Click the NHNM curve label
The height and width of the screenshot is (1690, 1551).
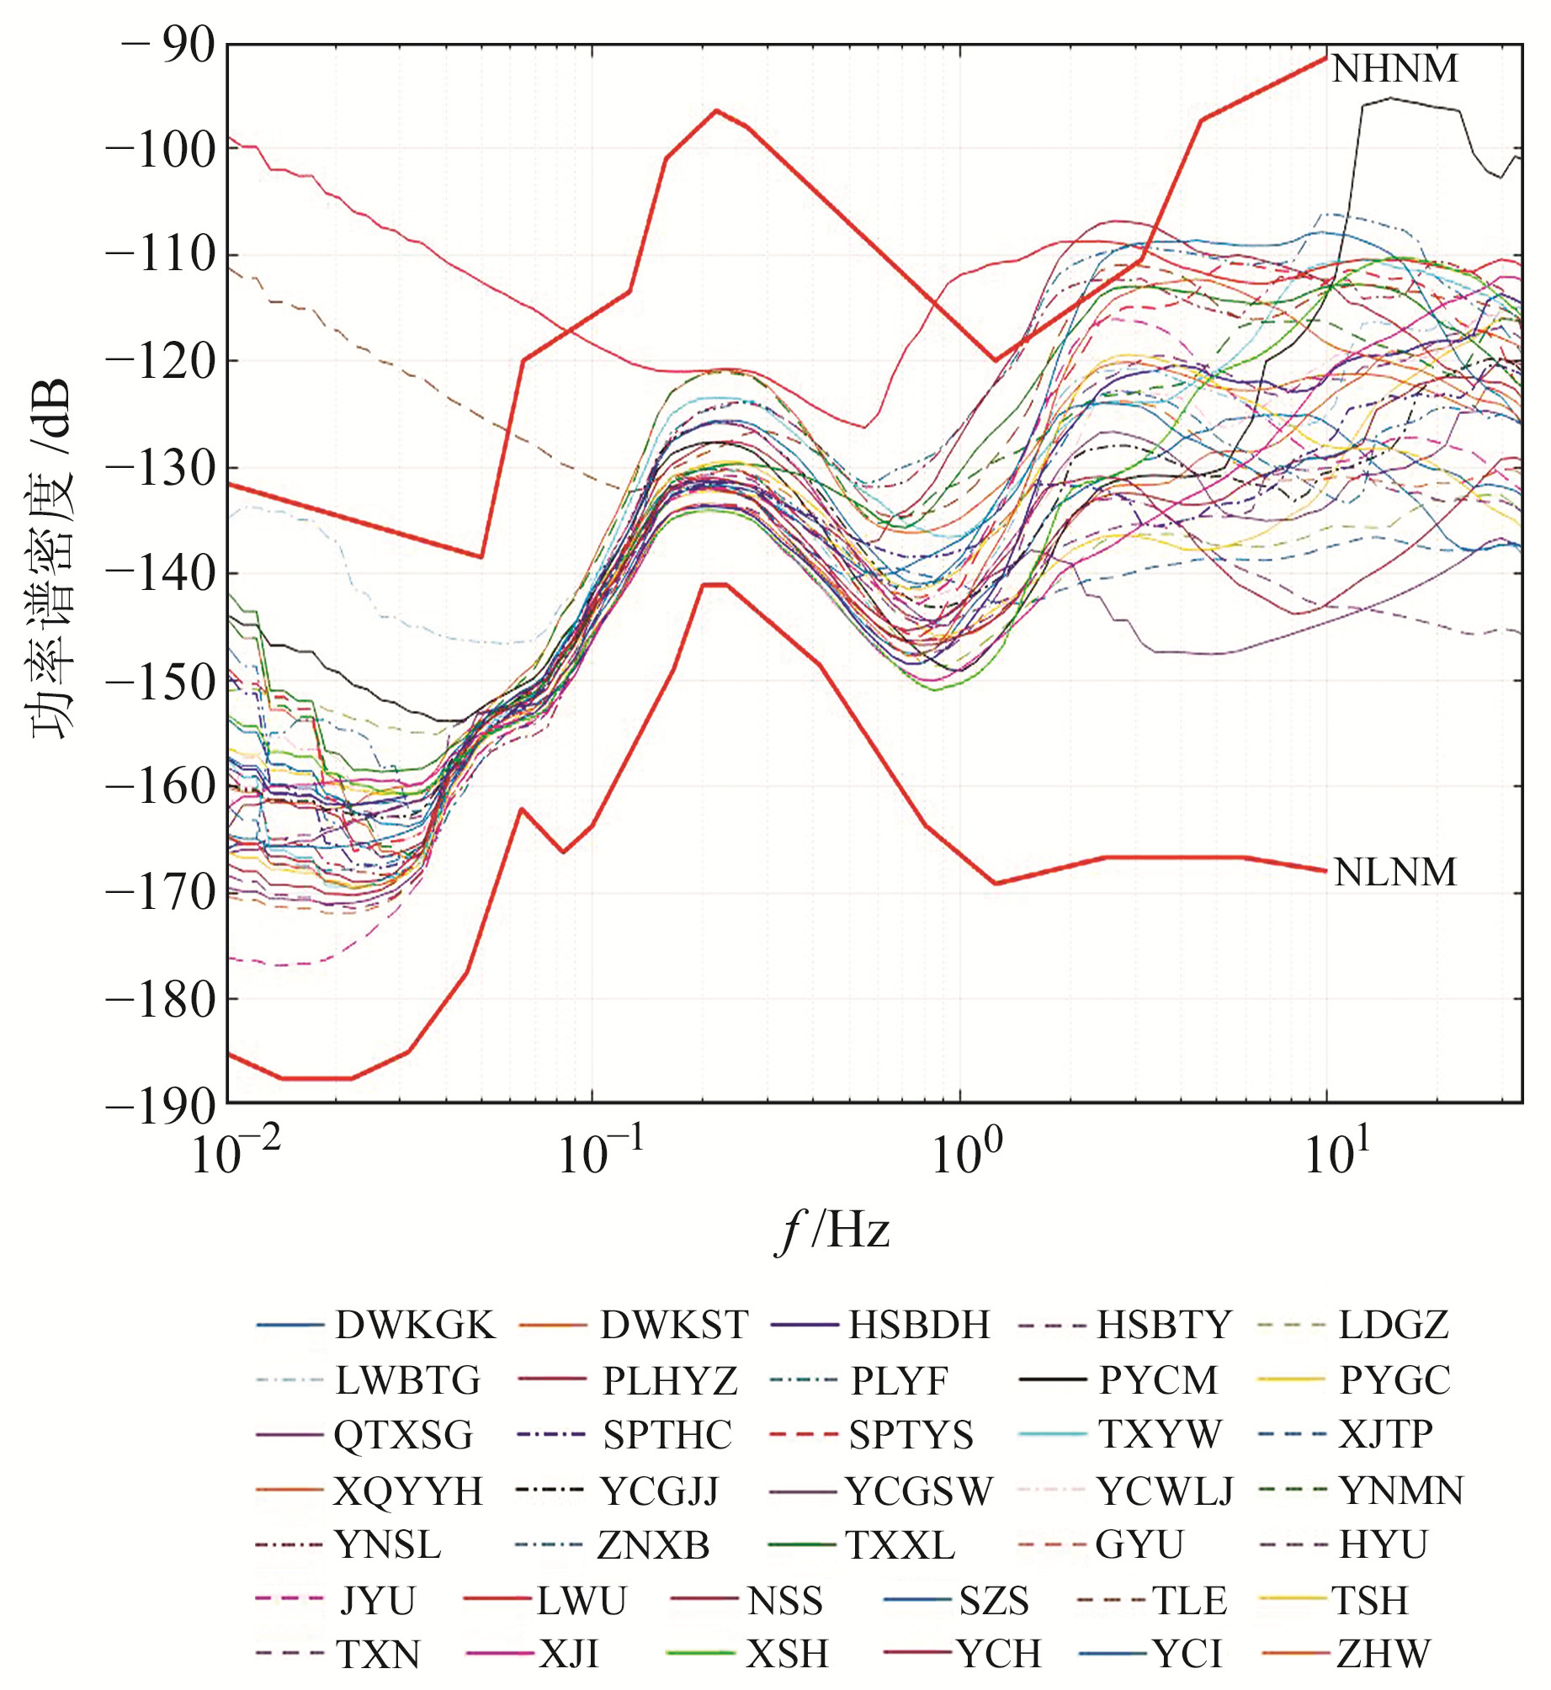(1394, 69)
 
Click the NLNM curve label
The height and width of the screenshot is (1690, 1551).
(1394, 873)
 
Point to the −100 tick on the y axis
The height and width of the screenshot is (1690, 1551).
(160, 150)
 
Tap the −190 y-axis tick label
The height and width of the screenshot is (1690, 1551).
(160, 1106)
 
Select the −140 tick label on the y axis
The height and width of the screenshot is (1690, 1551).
(160, 575)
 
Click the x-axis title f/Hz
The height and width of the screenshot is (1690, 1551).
(832, 1231)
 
